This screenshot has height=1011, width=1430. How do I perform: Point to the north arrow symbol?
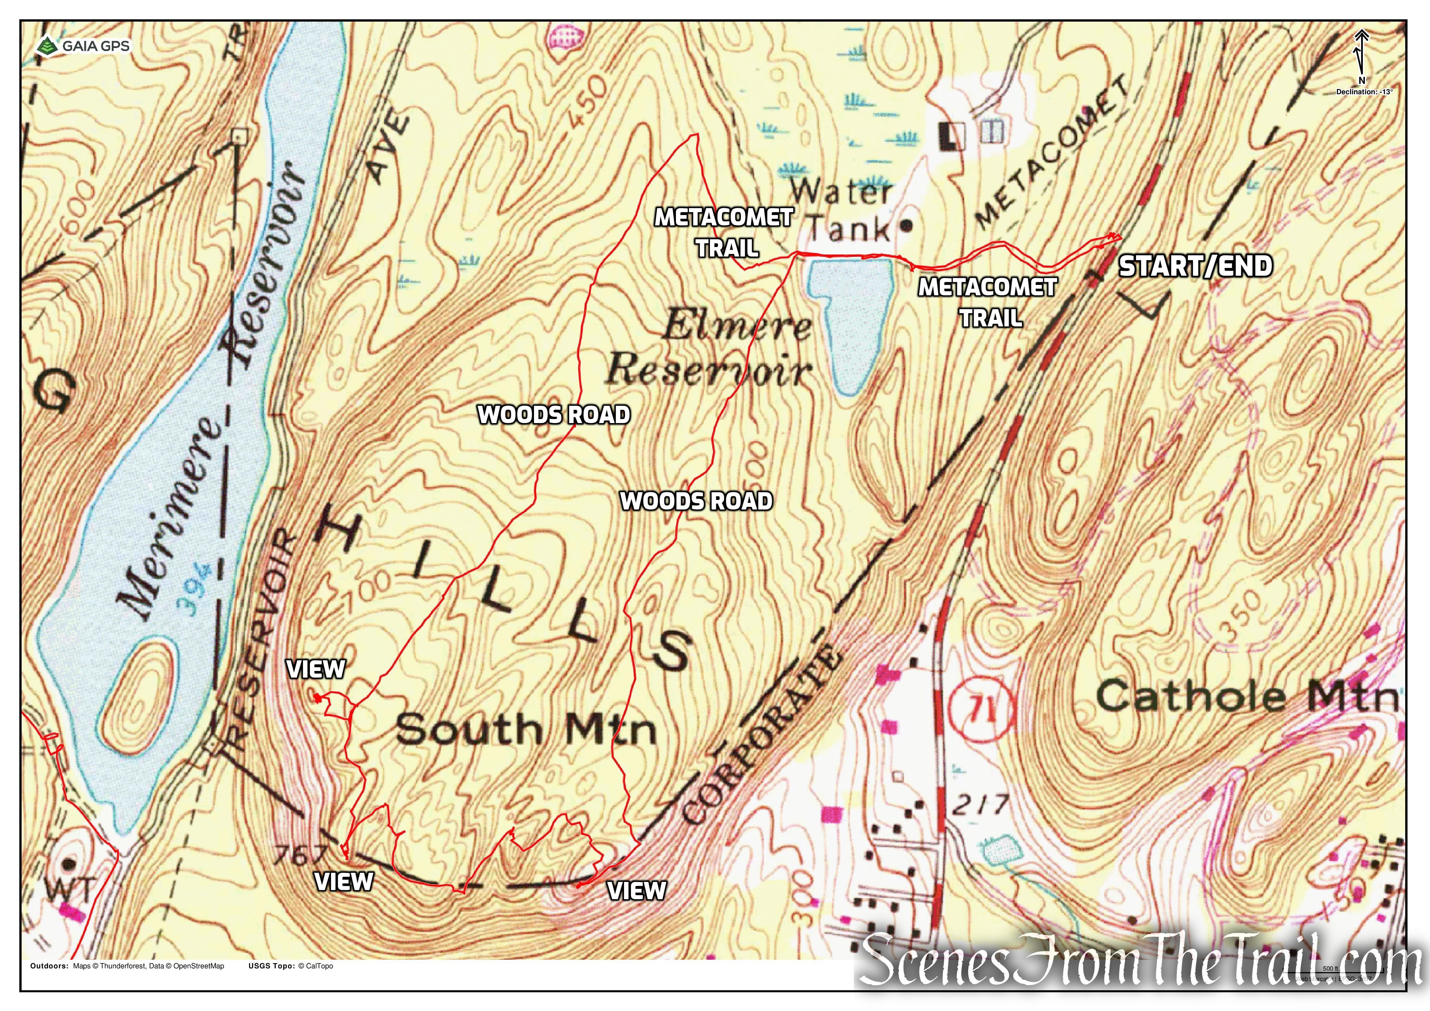click(x=1361, y=56)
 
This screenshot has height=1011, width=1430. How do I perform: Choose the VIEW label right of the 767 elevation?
click(x=344, y=882)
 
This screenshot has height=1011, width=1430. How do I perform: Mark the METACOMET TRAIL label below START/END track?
click(x=988, y=303)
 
